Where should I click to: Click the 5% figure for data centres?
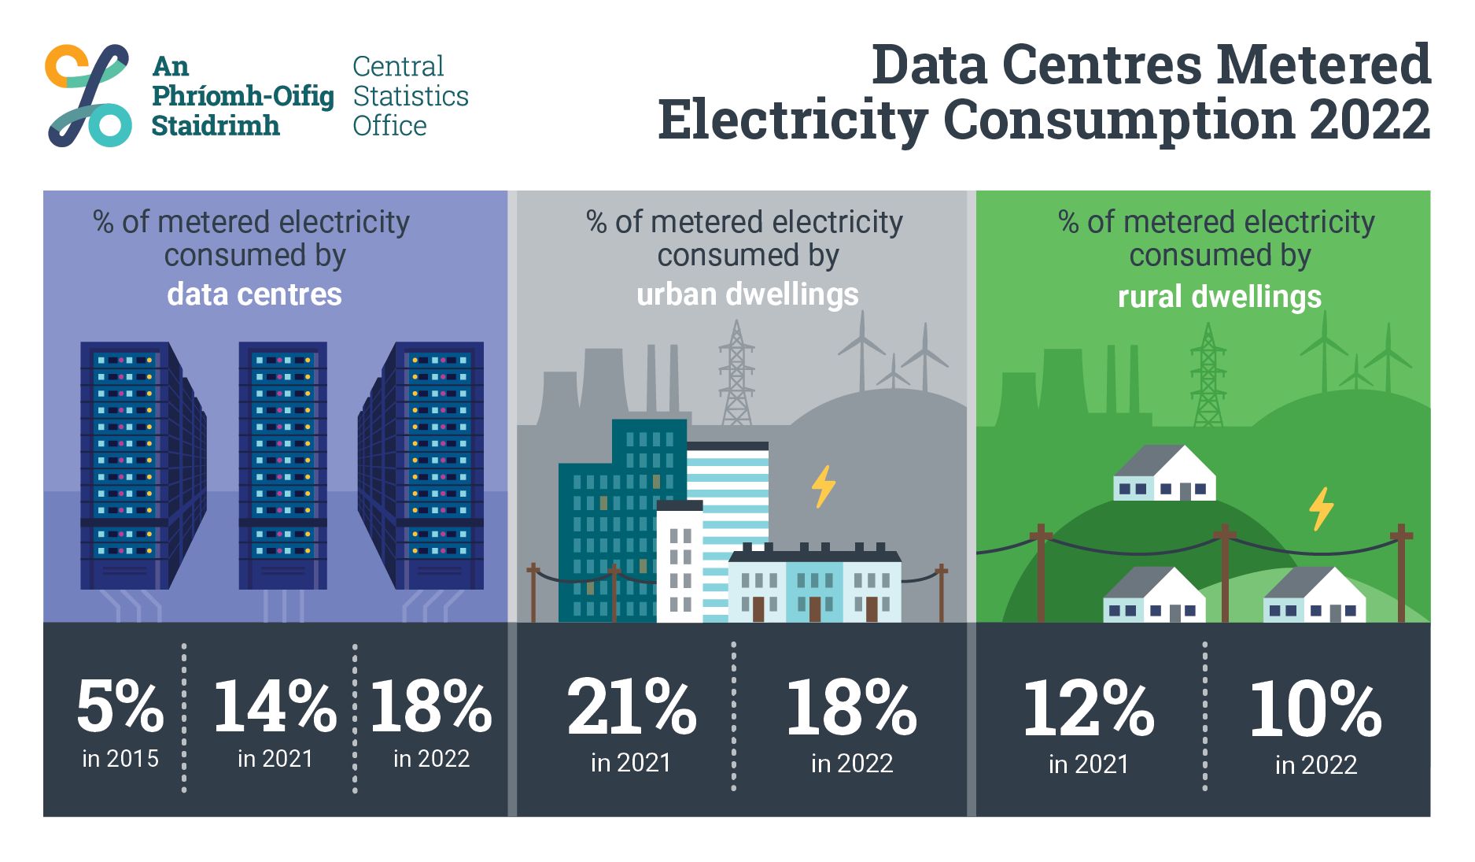(120, 706)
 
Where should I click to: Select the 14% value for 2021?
(275, 706)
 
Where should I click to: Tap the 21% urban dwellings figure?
(631, 708)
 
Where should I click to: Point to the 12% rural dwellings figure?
(1088, 709)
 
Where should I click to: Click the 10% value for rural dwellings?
(1315, 709)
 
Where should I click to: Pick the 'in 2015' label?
(120, 759)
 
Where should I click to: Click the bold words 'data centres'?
(254, 294)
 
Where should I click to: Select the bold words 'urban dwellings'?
(747, 294)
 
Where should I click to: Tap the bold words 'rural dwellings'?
(1219, 297)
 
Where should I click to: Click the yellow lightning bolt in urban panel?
(823, 486)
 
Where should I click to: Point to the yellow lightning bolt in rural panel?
(1321, 508)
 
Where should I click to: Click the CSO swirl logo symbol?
(88, 95)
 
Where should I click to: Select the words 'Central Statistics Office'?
(410, 96)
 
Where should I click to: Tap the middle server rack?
(282, 464)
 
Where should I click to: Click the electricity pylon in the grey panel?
(736, 374)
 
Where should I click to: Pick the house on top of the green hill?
(1164, 475)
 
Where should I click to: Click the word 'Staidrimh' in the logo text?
(215, 126)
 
